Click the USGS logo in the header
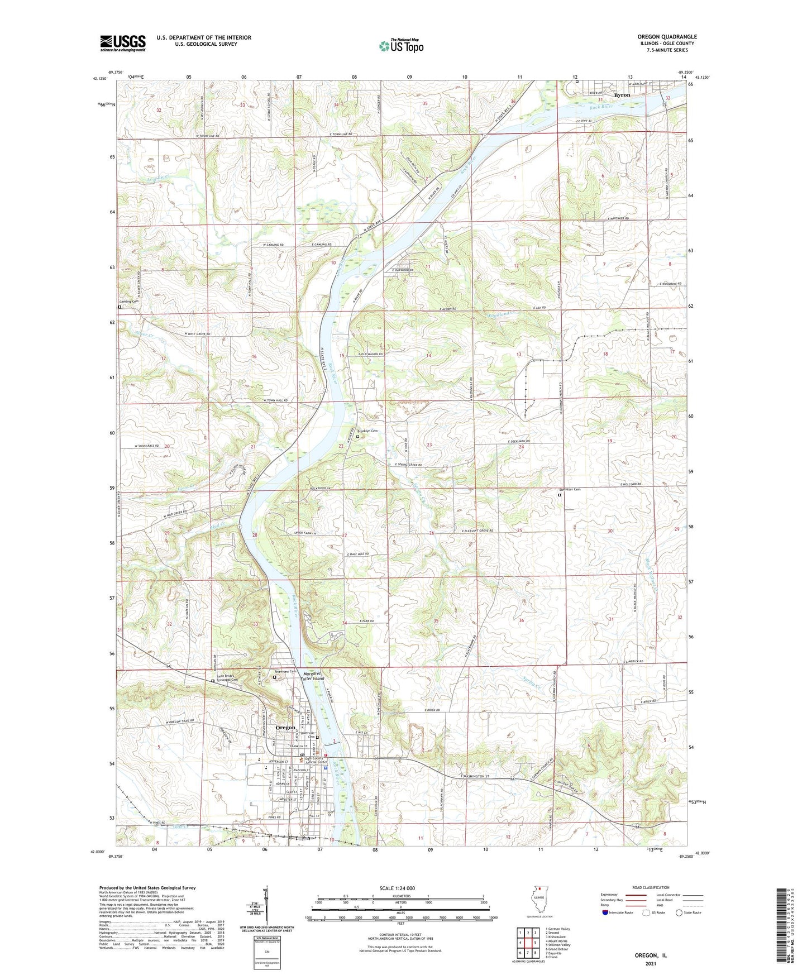123,42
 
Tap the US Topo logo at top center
400,46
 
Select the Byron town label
622,95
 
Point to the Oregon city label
285,728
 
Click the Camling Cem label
128,301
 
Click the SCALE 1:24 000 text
397,888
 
